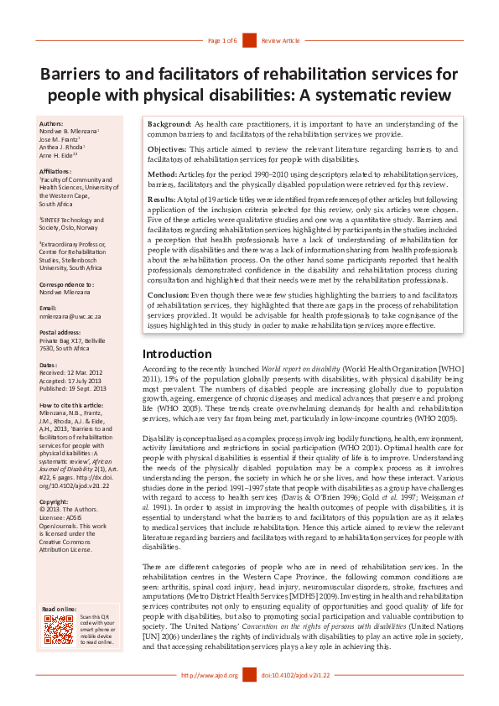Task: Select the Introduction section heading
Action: coord(177,354)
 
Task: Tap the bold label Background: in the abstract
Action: coord(170,123)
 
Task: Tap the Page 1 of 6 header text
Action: coord(222,40)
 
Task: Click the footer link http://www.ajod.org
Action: coord(210,675)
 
